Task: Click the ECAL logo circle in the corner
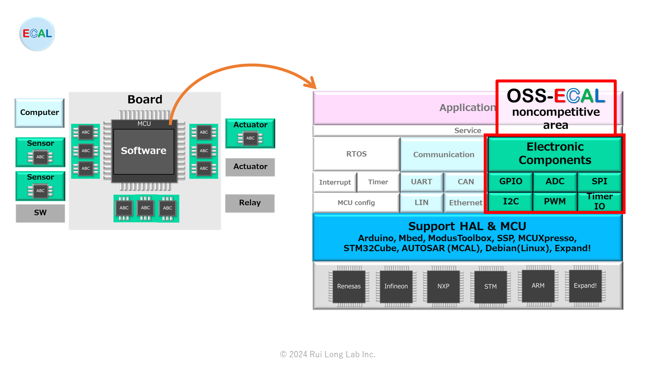pos(37,34)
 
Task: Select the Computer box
pos(40,113)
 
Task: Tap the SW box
pos(40,213)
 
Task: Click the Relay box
pos(250,203)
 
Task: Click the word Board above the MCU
pos(145,99)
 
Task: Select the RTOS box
pos(356,154)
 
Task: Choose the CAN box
pos(465,182)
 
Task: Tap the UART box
pos(421,182)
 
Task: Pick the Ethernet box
pos(465,203)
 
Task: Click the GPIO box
pos(511,182)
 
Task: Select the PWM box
pos(555,202)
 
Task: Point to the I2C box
pos(511,202)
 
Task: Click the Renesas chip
pos(349,286)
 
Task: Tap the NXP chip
pos(443,286)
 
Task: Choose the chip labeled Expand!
pos(585,286)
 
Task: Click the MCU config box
pos(356,203)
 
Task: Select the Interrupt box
pos(335,182)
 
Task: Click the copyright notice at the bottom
pos(327,354)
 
